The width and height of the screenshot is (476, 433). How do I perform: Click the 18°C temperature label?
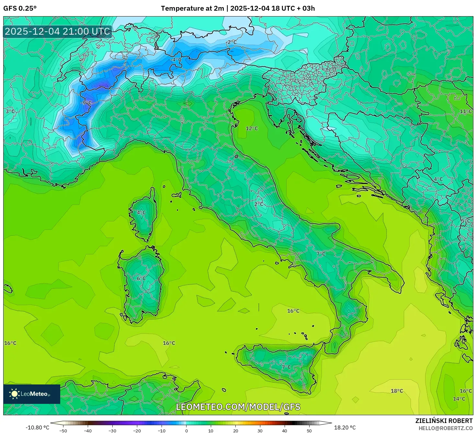click(x=397, y=391)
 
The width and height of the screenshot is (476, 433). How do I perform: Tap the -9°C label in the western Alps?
click(x=86, y=103)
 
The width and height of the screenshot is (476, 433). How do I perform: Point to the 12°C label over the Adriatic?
click(x=252, y=128)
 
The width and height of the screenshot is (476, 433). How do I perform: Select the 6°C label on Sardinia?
click(x=141, y=278)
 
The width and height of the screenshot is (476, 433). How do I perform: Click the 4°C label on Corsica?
click(x=141, y=213)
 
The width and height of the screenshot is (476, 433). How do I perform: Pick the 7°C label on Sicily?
click(x=286, y=367)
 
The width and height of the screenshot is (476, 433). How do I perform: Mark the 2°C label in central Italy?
click(x=259, y=204)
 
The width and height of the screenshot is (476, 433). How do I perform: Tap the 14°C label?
click(x=459, y=399)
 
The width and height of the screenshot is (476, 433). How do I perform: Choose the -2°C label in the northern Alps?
click(x=231, y=42)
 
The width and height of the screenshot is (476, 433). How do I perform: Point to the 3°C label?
click(x=10, y=111)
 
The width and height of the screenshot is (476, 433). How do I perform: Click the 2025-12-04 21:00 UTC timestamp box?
click(x=57, y=31)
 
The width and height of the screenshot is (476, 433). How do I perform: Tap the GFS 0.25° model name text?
click(x=20, y=8)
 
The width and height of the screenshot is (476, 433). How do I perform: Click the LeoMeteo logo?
click(x=32, y=394)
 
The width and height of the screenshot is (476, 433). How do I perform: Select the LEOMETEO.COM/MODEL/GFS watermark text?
click(x=238, y=407)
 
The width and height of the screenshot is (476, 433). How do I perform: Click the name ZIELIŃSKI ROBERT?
click(x=444, y=421)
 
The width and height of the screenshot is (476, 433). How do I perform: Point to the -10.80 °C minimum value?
click(x=37, y=427)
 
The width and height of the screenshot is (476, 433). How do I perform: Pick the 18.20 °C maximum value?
click(x=345, y=427)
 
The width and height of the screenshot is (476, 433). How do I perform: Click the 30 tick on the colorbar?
click(x=260, y=430)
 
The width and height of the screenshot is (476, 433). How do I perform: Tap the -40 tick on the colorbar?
click(x=88, y=430)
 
